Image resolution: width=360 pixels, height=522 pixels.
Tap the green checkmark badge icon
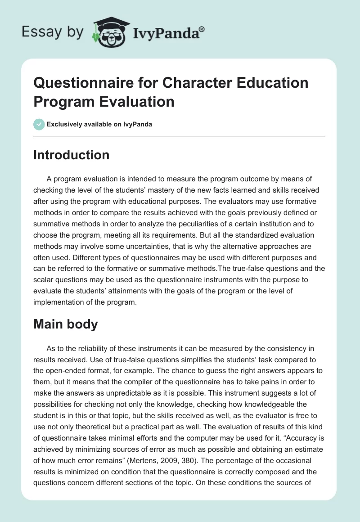[39, 124]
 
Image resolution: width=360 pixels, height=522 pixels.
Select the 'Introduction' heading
[72, 155]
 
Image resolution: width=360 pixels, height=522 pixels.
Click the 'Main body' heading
[66, 324]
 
